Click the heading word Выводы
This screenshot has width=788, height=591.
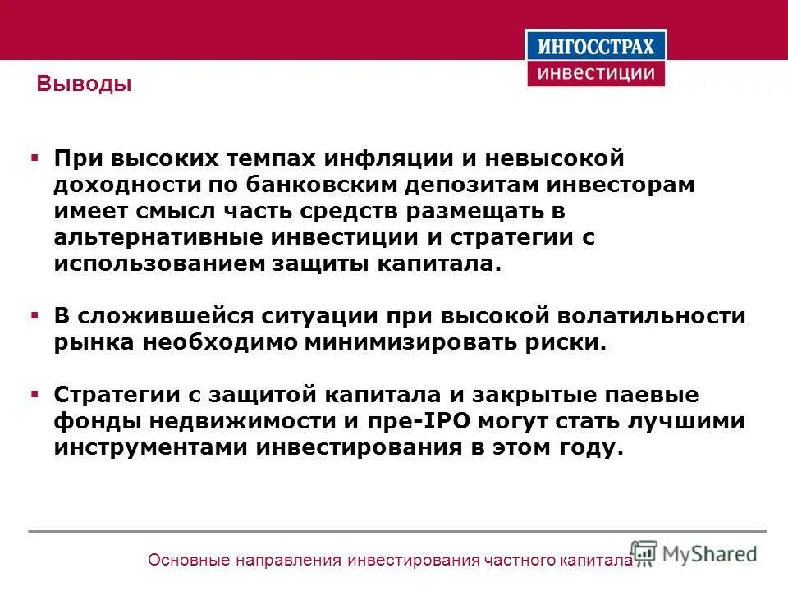tap(85, 85)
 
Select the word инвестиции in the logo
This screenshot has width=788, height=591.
tap(596, 72)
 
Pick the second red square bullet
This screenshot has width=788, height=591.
tap(34, 315)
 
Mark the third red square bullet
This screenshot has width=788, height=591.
tap(34, 394)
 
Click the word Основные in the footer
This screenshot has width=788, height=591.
tap(187, 561)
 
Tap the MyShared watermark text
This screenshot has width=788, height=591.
tap(709, 553)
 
